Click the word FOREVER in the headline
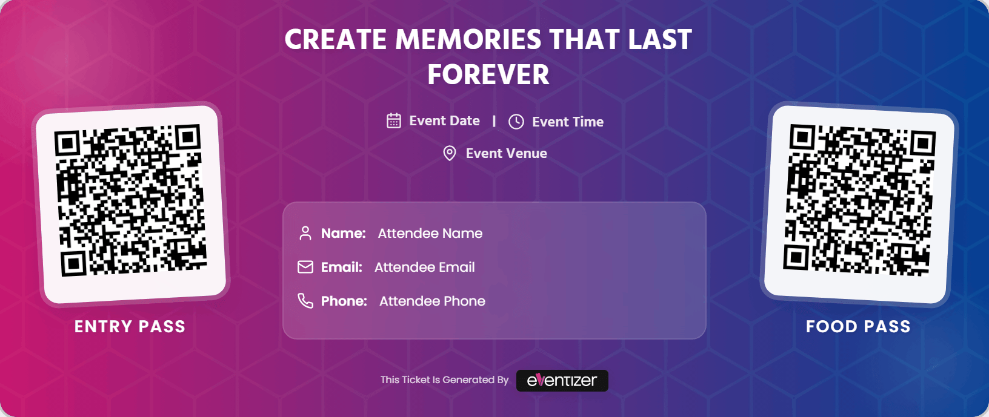pos(488,75)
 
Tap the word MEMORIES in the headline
pos(468,40)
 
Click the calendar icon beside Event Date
pos(394,121)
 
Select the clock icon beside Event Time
pos(516,122)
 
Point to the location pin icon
pos(450,153)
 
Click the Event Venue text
pos(506,154)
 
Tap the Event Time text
pos(568,122)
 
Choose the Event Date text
pos(444,121)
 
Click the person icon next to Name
pos(305,233)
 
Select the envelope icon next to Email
pos(305,267)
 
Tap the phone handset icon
pos(305,301)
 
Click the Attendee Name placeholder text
pos(430,234)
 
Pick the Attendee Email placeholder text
pos(424,268)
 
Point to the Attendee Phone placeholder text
pos(432,301)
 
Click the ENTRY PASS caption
pos(130,327)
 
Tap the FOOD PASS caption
pos(858,327)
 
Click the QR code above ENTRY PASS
pos(131,201)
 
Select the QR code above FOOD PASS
pos(859,201)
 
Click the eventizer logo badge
pos(562,381)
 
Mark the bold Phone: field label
pos(344,301)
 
